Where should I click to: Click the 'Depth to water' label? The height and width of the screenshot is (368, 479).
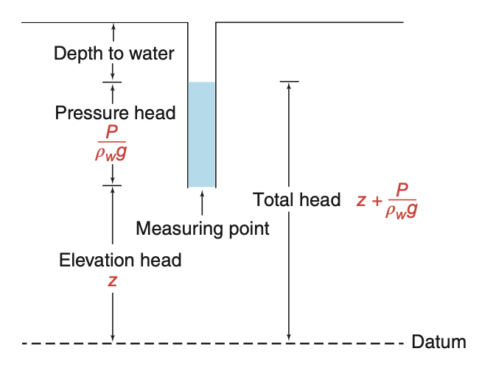pos(113,54)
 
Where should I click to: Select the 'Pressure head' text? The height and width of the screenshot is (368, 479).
pos(115,113)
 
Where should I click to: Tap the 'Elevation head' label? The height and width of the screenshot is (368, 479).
pos(120,260)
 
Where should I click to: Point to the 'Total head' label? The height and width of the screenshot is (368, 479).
pos(296,199)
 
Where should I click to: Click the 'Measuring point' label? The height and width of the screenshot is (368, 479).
pos(203,228)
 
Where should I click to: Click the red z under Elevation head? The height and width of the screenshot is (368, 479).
pos(112,280)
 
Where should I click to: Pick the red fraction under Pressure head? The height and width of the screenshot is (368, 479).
pos(111,144)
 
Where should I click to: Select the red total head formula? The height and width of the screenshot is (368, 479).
pos(388,199)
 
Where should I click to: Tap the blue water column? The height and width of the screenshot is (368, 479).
pos(201,134)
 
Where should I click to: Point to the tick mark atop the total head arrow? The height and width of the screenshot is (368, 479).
pos(289,81)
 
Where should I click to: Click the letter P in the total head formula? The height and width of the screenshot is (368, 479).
pos(401,190)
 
